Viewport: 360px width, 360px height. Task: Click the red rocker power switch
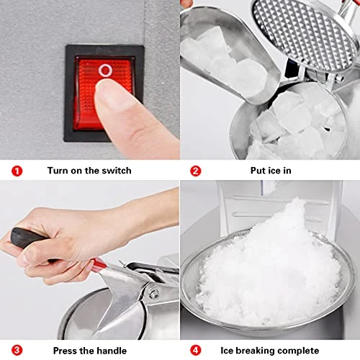104,93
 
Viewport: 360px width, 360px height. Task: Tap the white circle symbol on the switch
105,71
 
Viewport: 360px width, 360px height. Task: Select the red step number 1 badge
17,171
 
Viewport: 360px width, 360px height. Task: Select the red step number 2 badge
196,171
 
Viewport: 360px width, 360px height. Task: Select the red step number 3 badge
17,351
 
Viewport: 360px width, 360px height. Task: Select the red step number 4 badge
196,351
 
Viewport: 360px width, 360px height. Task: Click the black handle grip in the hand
27,238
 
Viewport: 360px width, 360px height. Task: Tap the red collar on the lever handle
99,264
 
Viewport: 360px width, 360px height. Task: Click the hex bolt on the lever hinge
153,294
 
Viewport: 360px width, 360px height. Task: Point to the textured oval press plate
304,35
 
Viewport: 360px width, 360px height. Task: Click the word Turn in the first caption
58,171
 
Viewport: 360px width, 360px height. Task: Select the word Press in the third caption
64,351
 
